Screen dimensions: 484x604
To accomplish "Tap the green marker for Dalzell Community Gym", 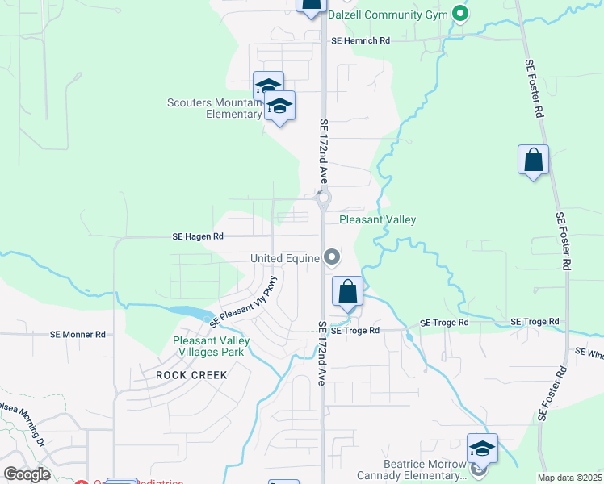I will (459, 14).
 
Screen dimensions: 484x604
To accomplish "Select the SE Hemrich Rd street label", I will (360, 40).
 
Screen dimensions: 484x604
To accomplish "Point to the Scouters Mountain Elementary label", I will (215, 108).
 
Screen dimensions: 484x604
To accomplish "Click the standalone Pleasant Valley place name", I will (377, 219).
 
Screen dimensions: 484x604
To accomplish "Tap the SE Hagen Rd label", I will (197, 237).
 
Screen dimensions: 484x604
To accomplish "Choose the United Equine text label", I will (284, 258).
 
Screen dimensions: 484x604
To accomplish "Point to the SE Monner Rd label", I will (78, 334).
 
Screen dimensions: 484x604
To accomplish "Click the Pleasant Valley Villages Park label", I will (211, 346).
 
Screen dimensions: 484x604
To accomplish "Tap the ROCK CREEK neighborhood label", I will (181, 375).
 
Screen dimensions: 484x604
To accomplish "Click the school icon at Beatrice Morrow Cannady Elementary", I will (482, 449).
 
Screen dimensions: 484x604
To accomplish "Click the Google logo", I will (27, 474).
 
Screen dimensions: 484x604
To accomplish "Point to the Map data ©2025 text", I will (570, 478).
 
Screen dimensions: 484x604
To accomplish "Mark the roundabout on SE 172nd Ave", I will (323, 197).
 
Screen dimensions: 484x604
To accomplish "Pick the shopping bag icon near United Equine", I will (347, 291).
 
